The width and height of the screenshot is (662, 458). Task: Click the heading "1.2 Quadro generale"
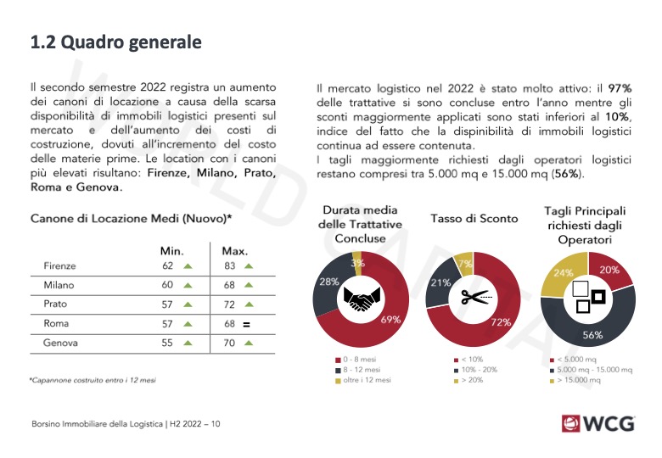(x=116, y=42)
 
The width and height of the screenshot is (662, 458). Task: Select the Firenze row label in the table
(x=59, y=266)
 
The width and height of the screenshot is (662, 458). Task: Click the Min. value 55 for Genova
(x=167, y=343)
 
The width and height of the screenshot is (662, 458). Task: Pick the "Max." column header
(x=234, y=251)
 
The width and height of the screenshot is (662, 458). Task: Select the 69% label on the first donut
(x=391, y=320)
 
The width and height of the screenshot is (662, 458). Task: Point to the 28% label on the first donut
(x=328, y=281)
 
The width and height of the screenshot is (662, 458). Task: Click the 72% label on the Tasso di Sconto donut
(x=500, y=323)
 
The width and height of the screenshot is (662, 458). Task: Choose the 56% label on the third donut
(x=592, y=335)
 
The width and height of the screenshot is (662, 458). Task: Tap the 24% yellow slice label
(x=563, y=273)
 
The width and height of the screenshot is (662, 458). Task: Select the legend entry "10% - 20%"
(x=480, y=371)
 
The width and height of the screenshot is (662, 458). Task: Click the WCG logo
(x=597, y=422)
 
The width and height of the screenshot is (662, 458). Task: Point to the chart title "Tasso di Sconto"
(x=474, y=219)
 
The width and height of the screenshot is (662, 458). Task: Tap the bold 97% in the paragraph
(x=621, y=87)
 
